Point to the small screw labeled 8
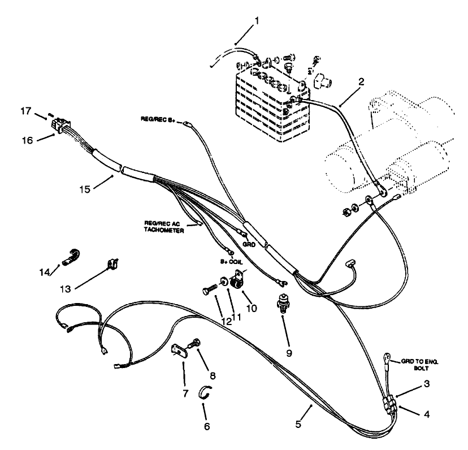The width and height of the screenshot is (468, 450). click(197, 343)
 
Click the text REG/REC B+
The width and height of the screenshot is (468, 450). click(162, 119)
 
